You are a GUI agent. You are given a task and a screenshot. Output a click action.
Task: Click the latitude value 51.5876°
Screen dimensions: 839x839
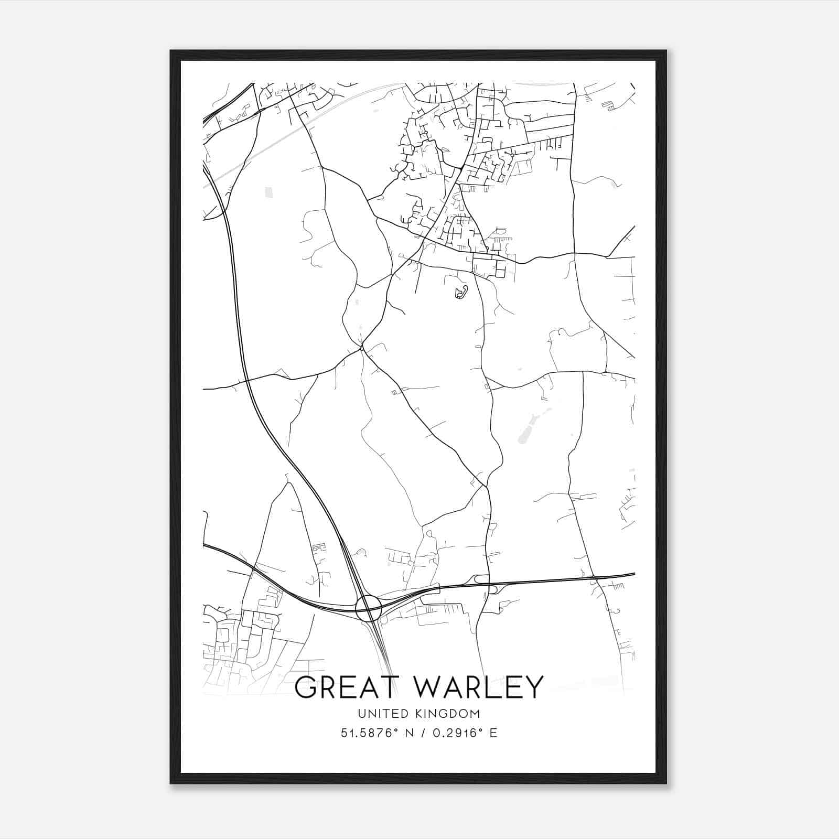pos(367,733)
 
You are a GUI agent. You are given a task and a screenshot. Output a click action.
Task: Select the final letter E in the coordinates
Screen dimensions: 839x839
pos(493,733)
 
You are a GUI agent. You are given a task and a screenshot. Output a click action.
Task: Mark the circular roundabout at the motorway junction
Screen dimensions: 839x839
pos(368,608)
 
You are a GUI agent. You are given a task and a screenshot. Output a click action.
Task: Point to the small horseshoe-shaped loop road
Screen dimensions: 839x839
pos(461,293)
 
